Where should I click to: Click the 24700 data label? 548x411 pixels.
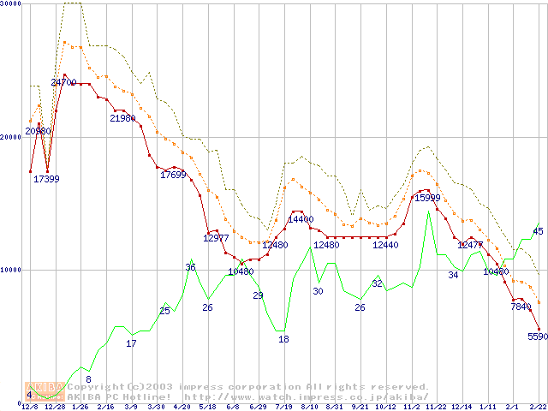(63, 82)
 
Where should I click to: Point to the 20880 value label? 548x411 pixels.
(38, 131)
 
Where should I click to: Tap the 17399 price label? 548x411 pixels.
(46, 179)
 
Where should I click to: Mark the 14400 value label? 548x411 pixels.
(301, 219)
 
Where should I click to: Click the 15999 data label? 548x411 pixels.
(427, 198)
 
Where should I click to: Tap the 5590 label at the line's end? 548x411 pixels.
(538, 337)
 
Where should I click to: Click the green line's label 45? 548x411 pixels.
(538, 231)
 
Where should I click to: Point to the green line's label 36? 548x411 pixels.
(190, 267)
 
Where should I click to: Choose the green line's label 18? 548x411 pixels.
(283, 339)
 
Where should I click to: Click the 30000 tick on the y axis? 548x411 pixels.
(11, 4)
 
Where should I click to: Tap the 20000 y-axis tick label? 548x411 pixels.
(11, 137)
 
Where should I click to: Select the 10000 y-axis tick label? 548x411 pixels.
(11, 270)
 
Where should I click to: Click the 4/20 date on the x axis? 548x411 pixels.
(182, 407)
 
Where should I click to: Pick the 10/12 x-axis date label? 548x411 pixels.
(385, 407)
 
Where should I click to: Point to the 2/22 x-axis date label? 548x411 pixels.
(538, 407)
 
